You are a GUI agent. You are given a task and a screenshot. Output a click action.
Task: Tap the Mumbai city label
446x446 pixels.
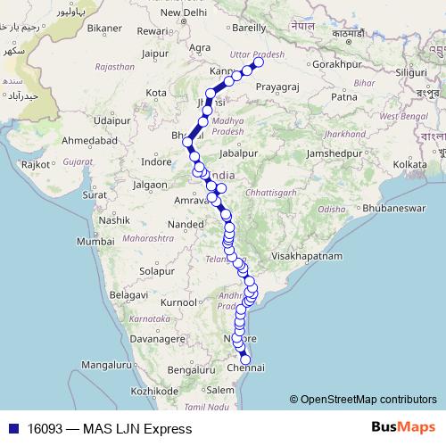tap(95, 242)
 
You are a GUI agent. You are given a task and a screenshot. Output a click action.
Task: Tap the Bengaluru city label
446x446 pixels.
tap(193, 368)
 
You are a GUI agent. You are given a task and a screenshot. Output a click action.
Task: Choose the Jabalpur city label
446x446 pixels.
tap(237, 153)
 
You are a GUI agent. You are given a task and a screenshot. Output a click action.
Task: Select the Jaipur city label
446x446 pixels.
tap(154, 53)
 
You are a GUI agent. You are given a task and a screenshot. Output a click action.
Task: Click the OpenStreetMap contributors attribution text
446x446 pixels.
tap(368, 399)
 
